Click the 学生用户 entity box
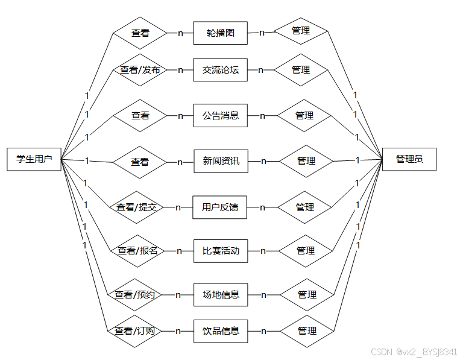coord(34,159)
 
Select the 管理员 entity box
coord(409,159)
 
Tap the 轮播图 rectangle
coord(220,33)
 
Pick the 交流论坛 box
coord(220,70)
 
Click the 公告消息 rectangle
coord(220,115)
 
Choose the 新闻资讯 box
coord(221,161)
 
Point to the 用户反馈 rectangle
coord(220,207)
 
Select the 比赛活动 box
coord(221,251)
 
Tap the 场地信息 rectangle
coord(221,295)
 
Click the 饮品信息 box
coord(221,331)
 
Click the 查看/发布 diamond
coord(140,70)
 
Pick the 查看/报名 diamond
coord(137,251)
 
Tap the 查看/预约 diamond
coord(135,295)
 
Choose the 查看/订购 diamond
coord(135,331)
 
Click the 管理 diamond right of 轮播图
coord(301,31)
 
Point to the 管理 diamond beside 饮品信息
coord(307,331)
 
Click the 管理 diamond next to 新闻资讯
coord(306,161)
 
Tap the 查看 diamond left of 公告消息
coord(140,115)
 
